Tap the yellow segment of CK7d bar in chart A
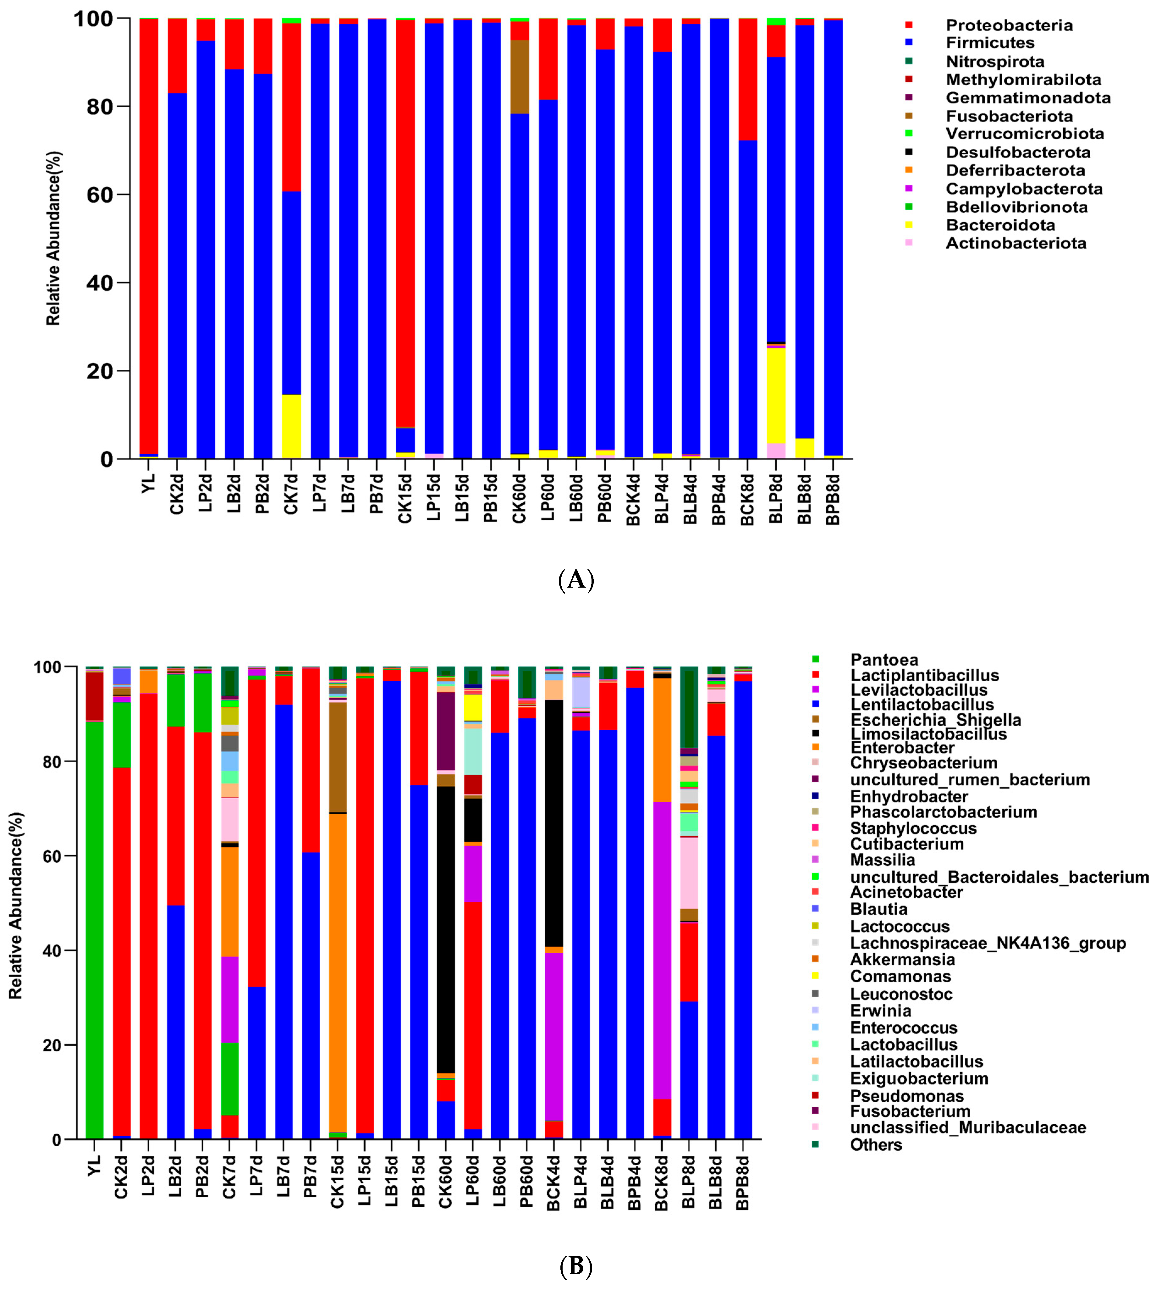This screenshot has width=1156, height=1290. click(x=291, y=426)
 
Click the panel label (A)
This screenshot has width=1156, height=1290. click(x=575, y=579)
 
